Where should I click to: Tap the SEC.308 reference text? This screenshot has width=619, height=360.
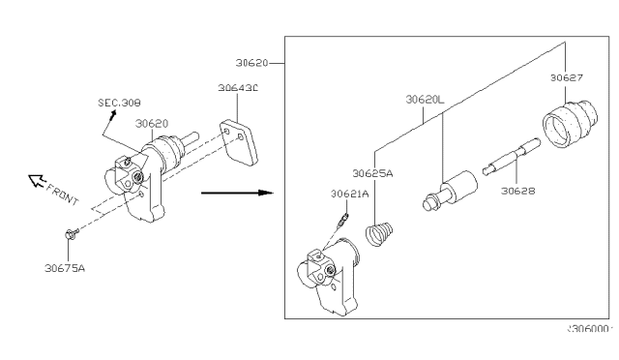(118, 100)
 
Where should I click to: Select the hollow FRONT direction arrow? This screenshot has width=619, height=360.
(36, 179)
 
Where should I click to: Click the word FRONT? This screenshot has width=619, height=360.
(64, 192)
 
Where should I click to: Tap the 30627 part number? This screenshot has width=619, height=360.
(567, 77)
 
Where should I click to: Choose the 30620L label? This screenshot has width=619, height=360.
(425, 99)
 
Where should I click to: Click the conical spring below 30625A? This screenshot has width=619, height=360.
(379, 235)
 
